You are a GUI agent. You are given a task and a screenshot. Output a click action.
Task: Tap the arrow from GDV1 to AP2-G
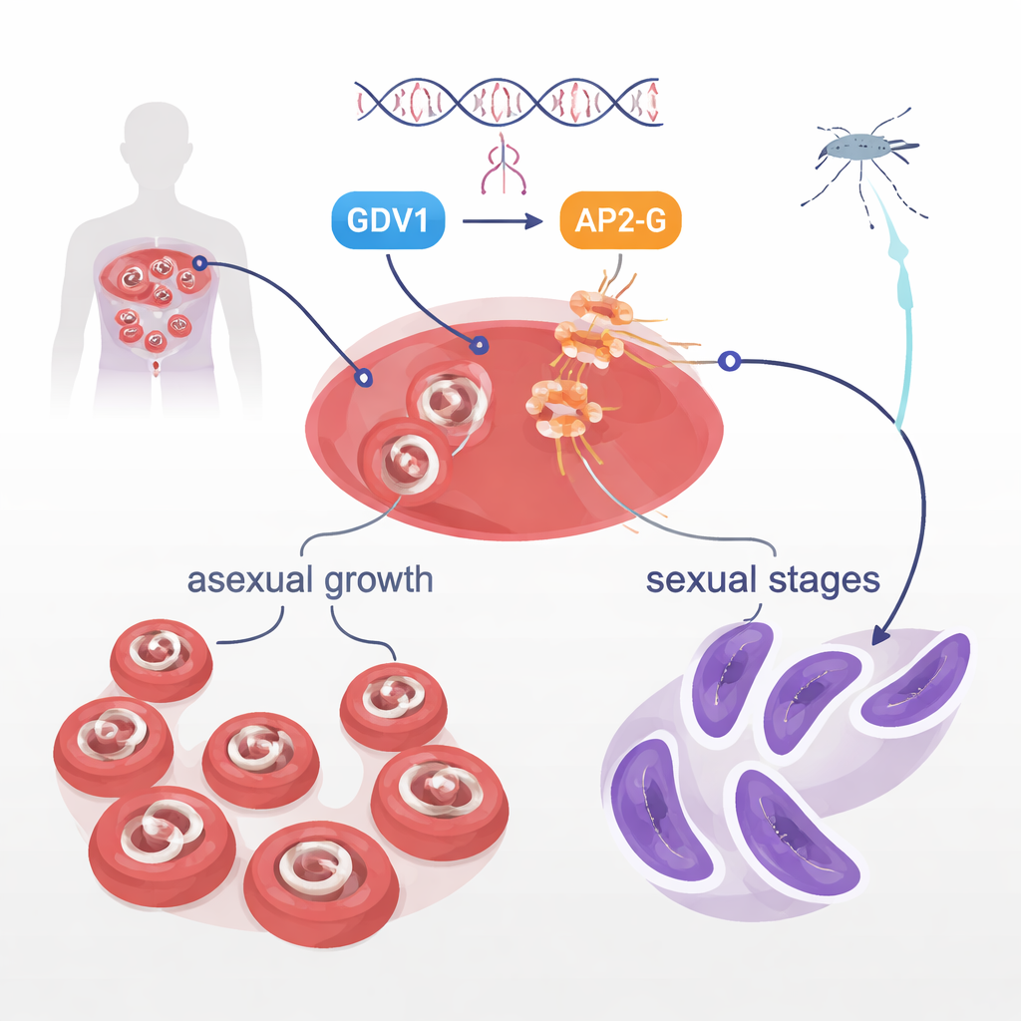[502, 219]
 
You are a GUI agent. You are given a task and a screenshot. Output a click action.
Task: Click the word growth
[380, 581]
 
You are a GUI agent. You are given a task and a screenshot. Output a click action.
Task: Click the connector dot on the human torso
[199, 263]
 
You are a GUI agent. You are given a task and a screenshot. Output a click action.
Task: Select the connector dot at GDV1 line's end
[480, 346]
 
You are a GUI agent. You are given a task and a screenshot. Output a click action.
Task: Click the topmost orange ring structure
[601, 307]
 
